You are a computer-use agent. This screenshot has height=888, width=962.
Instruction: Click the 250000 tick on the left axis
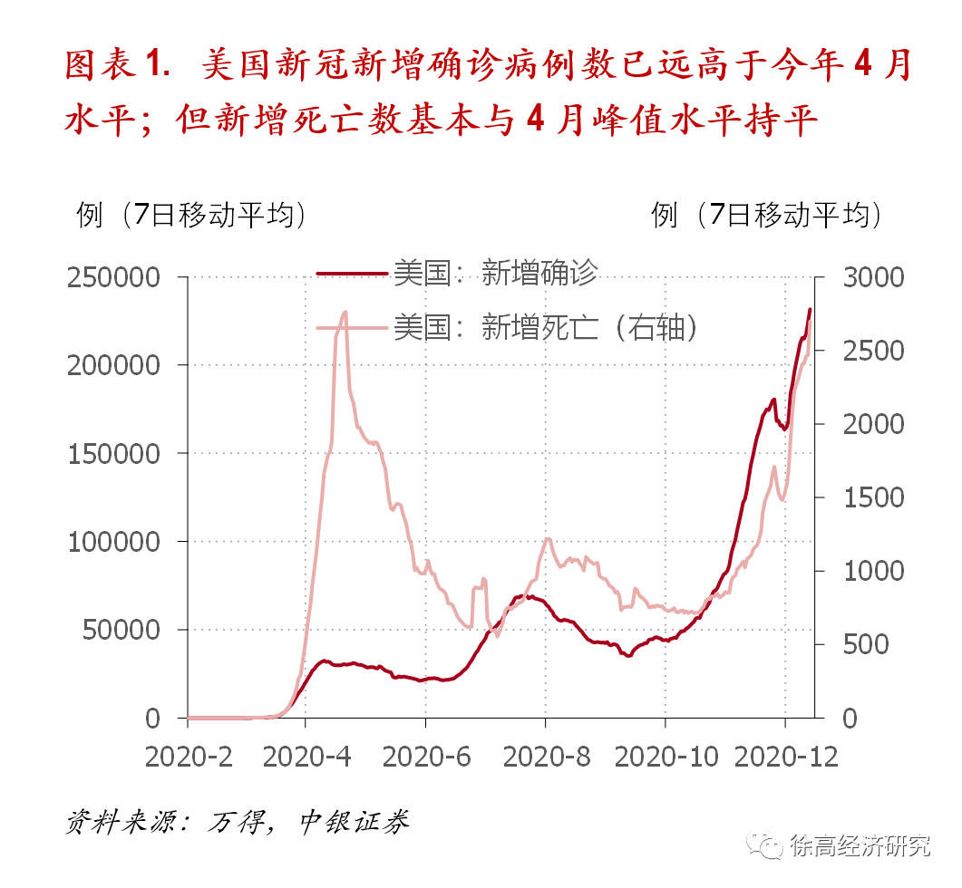pyautogui.click(x=115, y=277)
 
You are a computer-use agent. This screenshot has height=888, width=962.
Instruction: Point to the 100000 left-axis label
pyautogui.click(x=115, y=542)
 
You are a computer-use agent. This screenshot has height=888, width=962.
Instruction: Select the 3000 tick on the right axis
pyautogui.click(x=873, y=277)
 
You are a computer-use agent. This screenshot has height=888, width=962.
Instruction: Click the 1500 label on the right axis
pyautogui.click(x=873, y=497)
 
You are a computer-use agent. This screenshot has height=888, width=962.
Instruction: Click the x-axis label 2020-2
pyautogui.click(x=188, y=757)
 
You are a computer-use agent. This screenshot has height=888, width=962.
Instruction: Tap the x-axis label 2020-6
pyautogui.click(x=425, y=757)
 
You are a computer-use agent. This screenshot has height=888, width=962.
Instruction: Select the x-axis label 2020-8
pyautogui.click(x=545, y=757)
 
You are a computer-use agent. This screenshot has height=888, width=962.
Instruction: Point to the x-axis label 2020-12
pyautogui.click(x=785, y=757)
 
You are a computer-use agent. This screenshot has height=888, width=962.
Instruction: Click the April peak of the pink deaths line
pyautogui.click(x=345, y=313)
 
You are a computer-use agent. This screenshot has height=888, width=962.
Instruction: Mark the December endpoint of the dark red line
pyautogui.click(x=810, y=310)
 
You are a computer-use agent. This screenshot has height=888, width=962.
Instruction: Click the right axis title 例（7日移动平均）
pyautogui.click(x=767, y=215)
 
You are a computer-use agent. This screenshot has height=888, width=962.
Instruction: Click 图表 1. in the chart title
pyautogui.click(x=118, y=65)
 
